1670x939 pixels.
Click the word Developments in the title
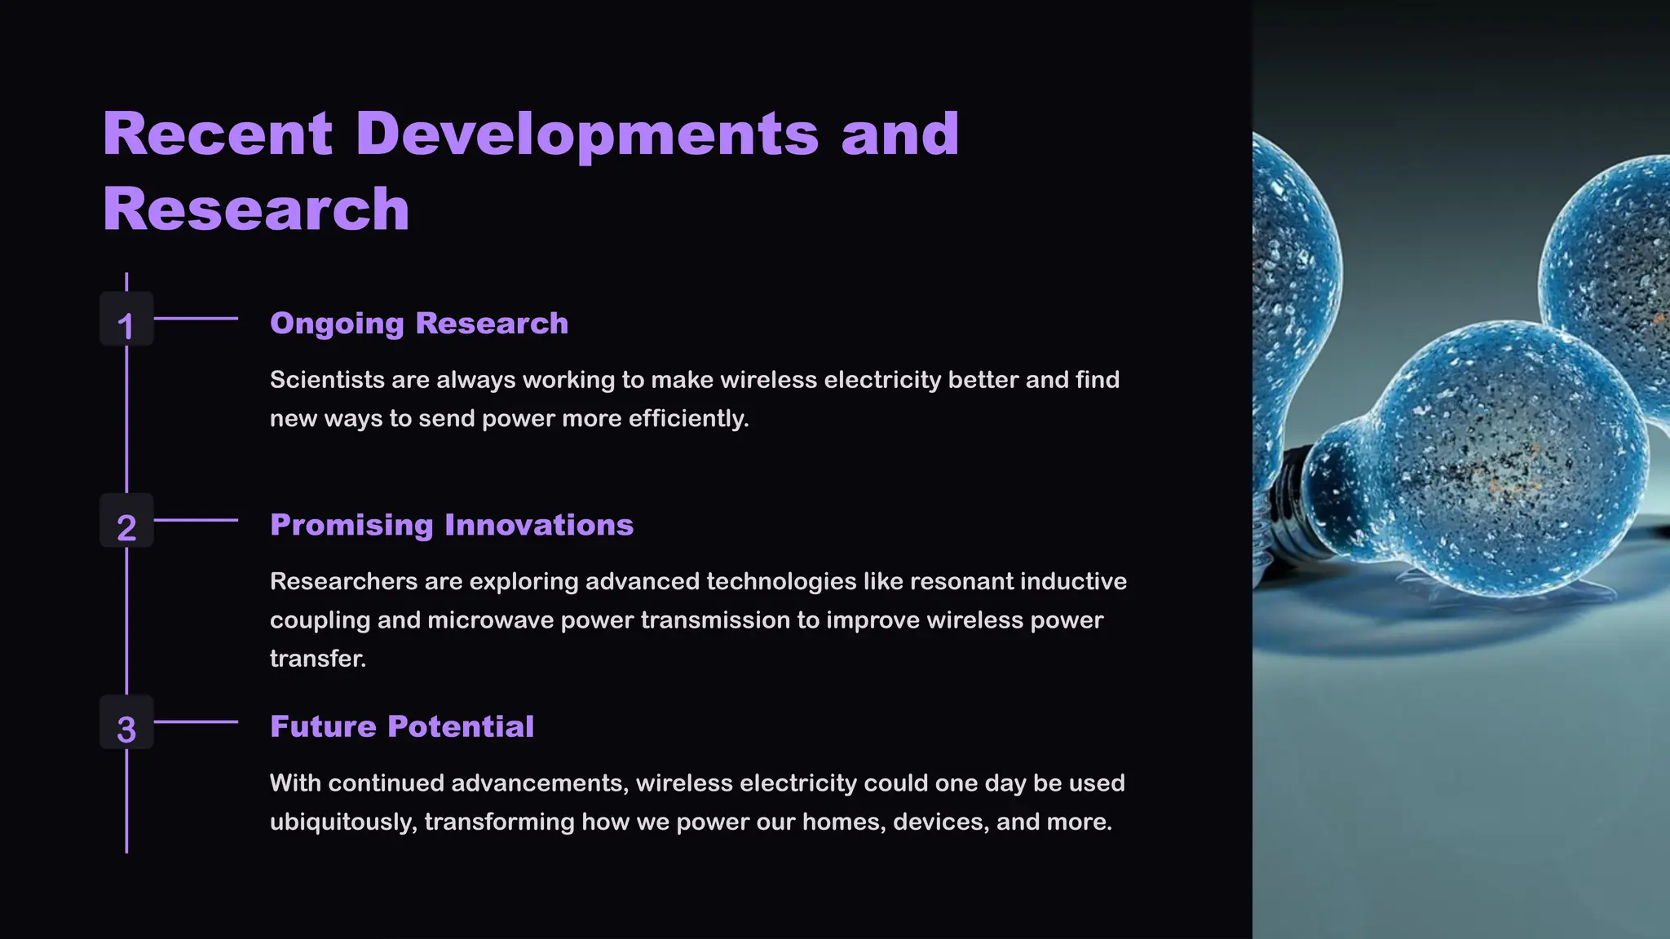click(x=587, y=134)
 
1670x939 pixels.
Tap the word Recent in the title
click(x=217, y=134)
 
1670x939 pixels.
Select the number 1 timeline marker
click(x=126, y=325)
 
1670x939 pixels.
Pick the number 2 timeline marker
click(x=126, y=527)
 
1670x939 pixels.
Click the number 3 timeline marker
click(x=126, y=729)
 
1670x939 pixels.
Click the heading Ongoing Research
click(x=419, y=324)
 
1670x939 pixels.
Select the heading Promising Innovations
click(x=452, y=525)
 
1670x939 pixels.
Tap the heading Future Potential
click(x=402, y=726)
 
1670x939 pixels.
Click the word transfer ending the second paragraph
click(x=316, y=659)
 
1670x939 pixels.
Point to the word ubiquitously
click(x=342, y=822)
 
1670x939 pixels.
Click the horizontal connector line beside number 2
click(x=196, y=520)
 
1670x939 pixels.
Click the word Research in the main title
click(x=256, y=209)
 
